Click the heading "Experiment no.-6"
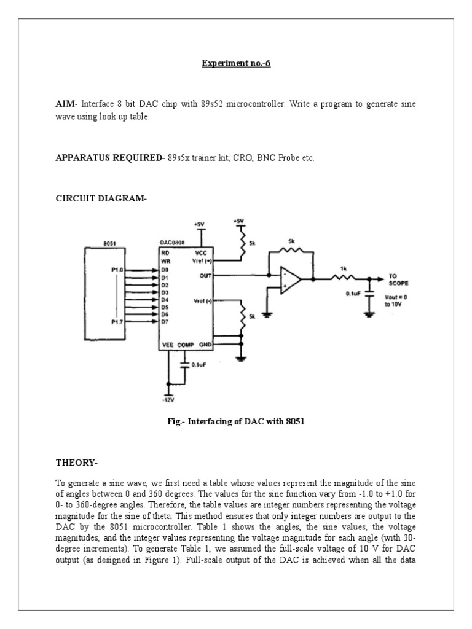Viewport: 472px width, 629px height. click(x=236, y=63)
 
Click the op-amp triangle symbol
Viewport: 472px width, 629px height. click(x=291, y=279)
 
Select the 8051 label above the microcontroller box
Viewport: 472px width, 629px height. click(x=109, y=243)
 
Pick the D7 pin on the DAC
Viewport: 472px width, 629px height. click(x=165, y=321)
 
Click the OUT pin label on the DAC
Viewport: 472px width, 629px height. click(x=205, y=276)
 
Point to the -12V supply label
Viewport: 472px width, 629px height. click(x=168, y=399)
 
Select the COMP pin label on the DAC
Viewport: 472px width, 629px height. click(x=185, y=345)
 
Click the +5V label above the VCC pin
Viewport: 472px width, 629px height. click(x=199, y=225)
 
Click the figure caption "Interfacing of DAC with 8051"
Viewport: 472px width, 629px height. click(x=246, y=421)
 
